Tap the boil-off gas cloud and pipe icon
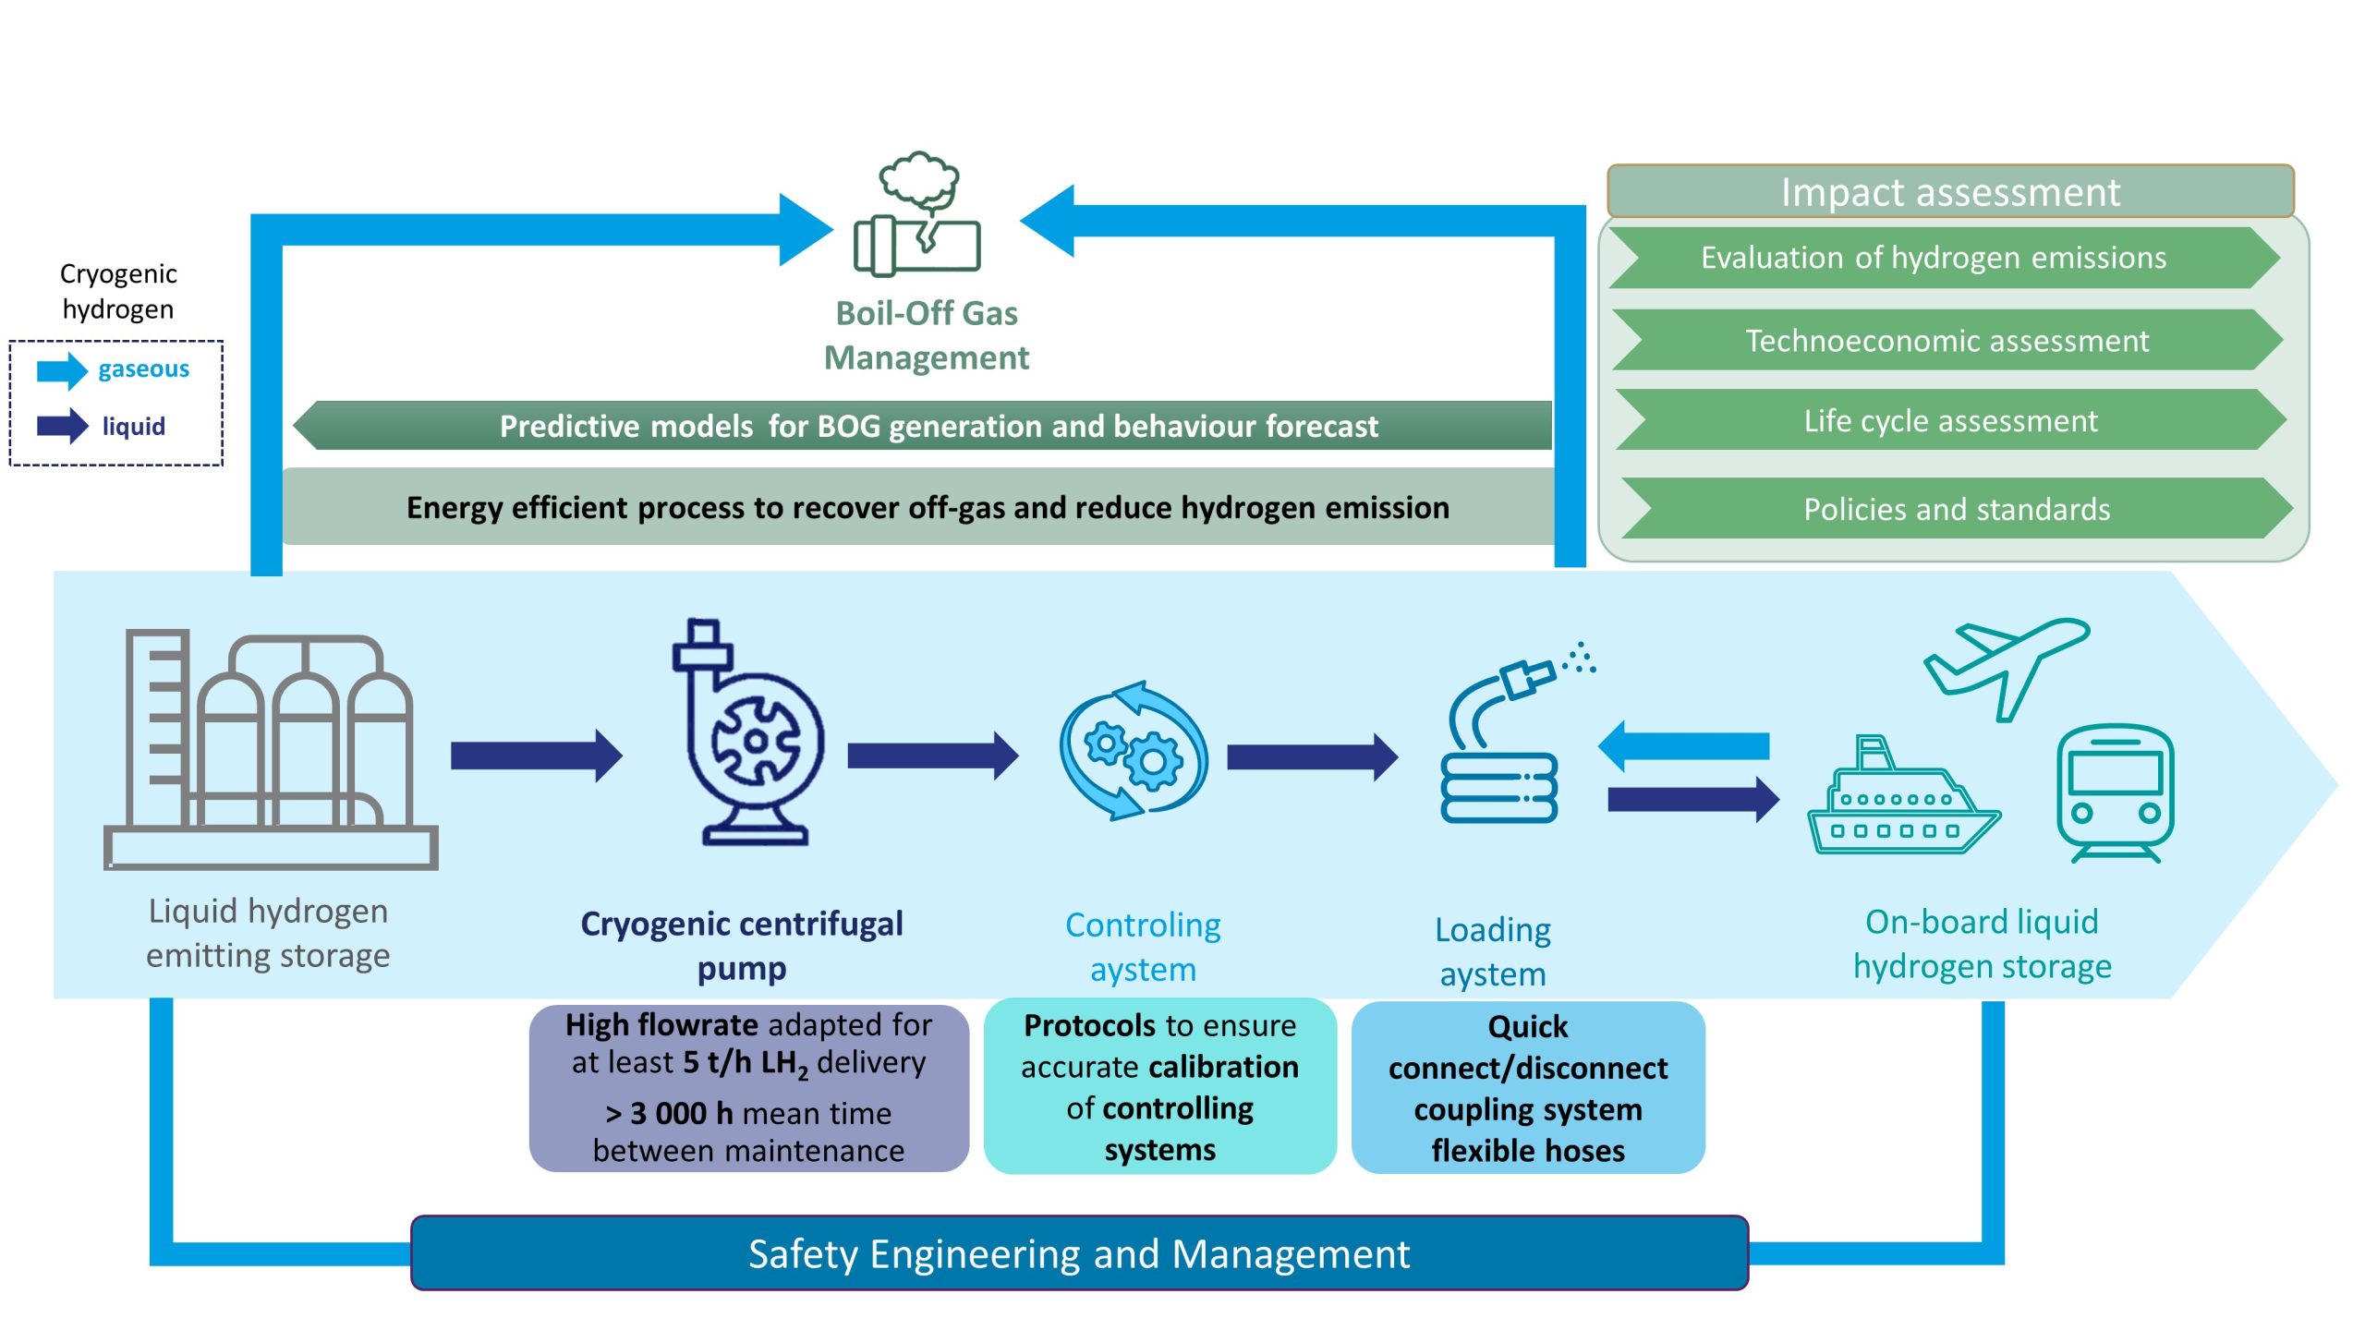(917, 216)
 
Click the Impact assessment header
(1949, 192)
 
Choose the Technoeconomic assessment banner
(1947, 341)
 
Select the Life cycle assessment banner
(1950, 421)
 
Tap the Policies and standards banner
(1956, 509)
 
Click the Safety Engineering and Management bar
(1078, 1253)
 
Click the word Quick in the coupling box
(1527, 1027)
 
